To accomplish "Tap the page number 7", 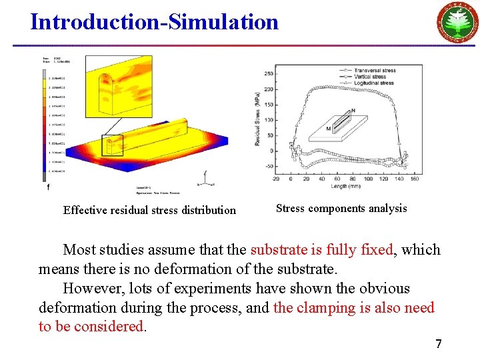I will coord(438,344).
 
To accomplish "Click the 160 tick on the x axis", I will coord(414,179).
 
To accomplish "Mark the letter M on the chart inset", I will coord(329,127).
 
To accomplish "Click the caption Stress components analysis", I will coord(341,208).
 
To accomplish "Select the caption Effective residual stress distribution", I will coord(149,210).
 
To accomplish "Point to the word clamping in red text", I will coord(326,308).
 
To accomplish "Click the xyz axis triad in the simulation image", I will coord(206,178).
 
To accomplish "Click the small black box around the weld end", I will coord(112,145).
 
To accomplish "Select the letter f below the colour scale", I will coord(48,188).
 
